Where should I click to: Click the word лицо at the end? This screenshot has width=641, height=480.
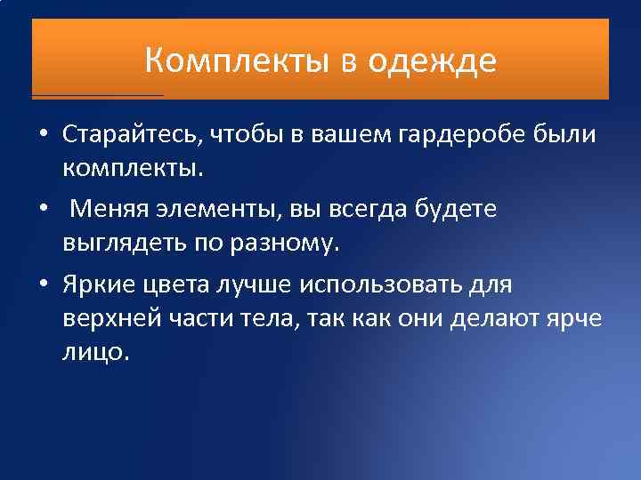tap(95, 352)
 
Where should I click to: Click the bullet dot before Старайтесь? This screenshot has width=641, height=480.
tap(43, 134)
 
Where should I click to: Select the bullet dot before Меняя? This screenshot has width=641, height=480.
tap(43, 210)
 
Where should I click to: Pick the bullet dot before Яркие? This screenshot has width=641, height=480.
tap(43, 285)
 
